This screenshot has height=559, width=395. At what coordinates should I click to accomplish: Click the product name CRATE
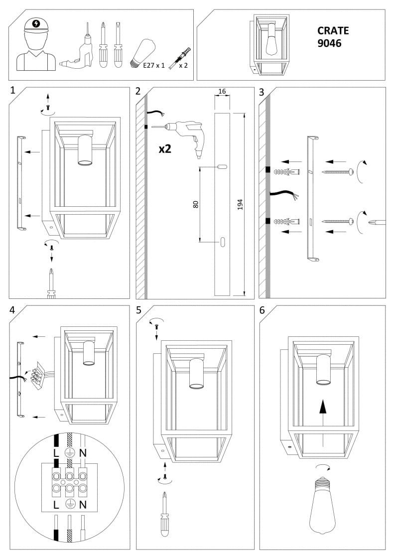point(333,30)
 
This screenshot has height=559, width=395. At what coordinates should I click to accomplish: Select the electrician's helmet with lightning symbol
point(36,24)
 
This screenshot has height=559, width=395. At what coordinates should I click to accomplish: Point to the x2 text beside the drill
point(165,148)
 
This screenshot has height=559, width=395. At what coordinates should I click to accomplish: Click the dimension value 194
point(240,204)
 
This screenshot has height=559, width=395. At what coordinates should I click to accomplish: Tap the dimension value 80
point(196,204)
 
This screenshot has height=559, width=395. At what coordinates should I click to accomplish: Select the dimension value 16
point(222,92)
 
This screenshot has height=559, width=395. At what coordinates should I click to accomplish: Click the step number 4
point(12,310)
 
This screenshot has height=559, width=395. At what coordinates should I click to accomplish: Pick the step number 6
point(262,310)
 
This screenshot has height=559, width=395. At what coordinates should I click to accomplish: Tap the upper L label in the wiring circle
point(56,453)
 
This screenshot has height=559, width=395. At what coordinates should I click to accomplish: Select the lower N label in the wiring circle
point(83,505)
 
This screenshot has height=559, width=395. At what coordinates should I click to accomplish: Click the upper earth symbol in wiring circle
point(70,453)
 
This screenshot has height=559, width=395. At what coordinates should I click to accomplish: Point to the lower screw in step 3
point(339,221)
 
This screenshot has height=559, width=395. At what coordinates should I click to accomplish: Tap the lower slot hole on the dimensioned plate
point(222,242)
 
